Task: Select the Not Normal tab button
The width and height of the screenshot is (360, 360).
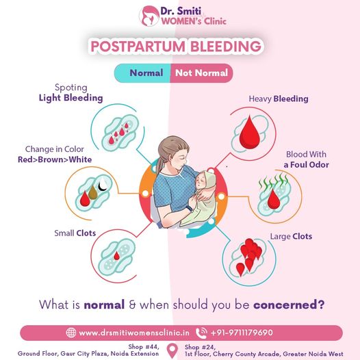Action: pos(202,73)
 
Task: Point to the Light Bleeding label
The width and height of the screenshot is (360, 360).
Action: pos(70,98)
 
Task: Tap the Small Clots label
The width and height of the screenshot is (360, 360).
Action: pos(75,233)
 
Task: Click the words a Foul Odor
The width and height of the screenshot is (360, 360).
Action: pos(307,165)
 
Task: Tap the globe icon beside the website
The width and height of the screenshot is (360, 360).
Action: pos(71,333)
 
